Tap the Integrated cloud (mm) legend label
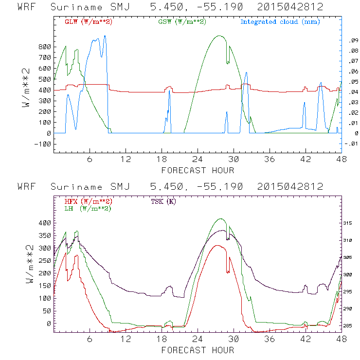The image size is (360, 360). [280, 22]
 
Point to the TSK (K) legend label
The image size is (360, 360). [163, 201]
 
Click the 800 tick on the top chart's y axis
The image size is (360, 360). [44, 47]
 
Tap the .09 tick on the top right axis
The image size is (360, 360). [352, 41]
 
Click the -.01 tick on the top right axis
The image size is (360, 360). [351, 144]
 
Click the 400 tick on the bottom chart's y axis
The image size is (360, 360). [44, 223]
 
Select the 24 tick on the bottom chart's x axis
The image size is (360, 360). [198, 339]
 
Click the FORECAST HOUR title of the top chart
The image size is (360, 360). [198, 170]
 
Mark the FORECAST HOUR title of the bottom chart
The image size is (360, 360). [198, 350]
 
